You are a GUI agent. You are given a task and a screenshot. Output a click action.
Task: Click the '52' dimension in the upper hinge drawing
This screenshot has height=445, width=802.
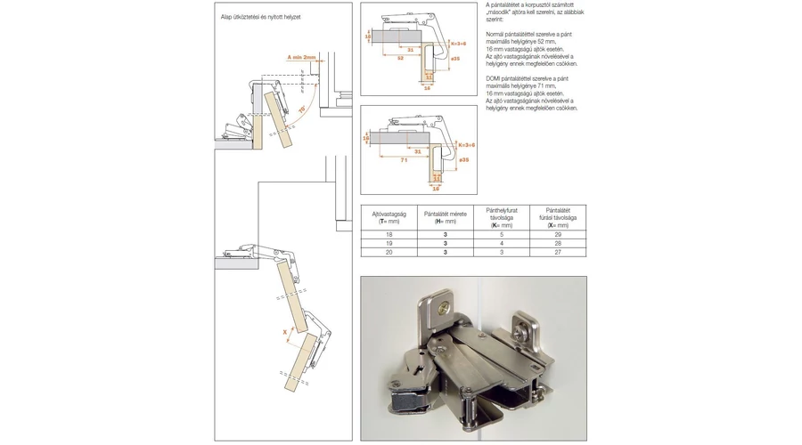click(400, 58)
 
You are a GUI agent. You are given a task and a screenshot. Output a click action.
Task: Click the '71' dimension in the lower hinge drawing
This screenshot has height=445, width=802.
click(404, 160)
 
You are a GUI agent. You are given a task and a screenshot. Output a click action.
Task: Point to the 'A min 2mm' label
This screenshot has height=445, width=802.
click(302, 57)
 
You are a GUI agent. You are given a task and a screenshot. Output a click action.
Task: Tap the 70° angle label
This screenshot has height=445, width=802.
click(302, 109)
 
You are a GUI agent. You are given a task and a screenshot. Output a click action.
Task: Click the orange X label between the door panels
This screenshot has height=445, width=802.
click(284, 331)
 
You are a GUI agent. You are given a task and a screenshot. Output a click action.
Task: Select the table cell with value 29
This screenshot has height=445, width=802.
click(558, 234)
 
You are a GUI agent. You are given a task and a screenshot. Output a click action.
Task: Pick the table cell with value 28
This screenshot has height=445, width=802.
click(558, 243)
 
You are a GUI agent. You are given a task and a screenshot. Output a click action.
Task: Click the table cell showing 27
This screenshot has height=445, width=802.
click(558, 253)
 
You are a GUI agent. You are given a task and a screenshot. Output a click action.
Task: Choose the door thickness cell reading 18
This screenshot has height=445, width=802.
click(389, 234)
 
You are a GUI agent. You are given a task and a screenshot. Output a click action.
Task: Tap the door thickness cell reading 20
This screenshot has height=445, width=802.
click(389, 253)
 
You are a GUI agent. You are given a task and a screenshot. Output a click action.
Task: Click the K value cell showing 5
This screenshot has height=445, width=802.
click(502, 234)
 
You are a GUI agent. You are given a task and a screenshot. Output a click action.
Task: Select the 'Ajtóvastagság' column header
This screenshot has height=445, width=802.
click(389, 217)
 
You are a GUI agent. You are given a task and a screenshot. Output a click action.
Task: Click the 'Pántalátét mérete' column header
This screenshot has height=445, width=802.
click(445, 217)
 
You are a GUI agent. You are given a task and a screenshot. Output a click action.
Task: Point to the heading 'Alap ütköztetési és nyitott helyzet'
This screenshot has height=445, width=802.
click(260, 17)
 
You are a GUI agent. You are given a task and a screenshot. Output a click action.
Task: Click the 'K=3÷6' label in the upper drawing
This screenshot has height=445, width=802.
click(462, 43)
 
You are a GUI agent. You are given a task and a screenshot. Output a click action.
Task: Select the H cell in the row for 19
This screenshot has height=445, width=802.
click(445, 243)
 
